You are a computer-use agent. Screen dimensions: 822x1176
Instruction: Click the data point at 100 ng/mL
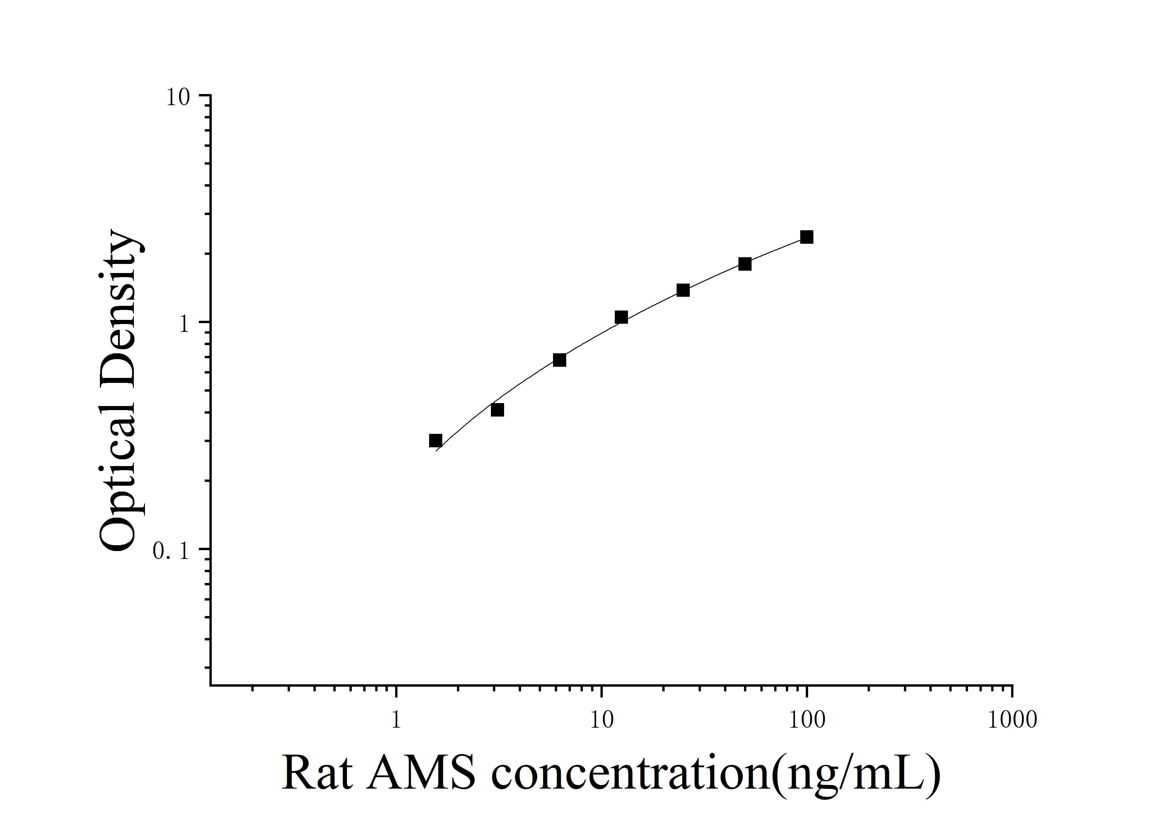click(807, 237)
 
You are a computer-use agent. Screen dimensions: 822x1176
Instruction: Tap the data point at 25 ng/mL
click(683, 290)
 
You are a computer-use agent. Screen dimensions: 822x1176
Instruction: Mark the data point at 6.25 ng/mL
click(559, 360)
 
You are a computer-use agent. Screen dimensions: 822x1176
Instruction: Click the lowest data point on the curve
click(435, 441)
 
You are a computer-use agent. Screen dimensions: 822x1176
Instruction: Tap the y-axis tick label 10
click(178, 97)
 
